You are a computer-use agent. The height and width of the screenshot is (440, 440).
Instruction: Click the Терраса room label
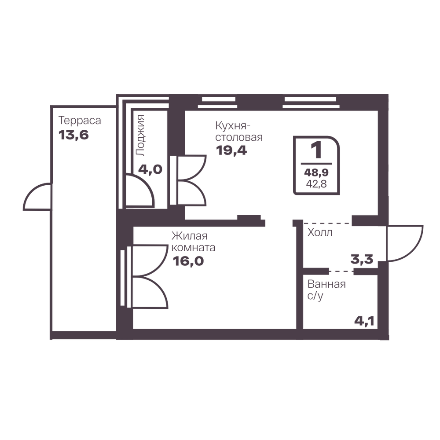[x=80, y=121]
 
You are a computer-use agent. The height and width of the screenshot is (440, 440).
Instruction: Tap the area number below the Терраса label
[x=73, y=135]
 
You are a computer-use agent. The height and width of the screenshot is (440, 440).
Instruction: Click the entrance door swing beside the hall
[x=405, y=243]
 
